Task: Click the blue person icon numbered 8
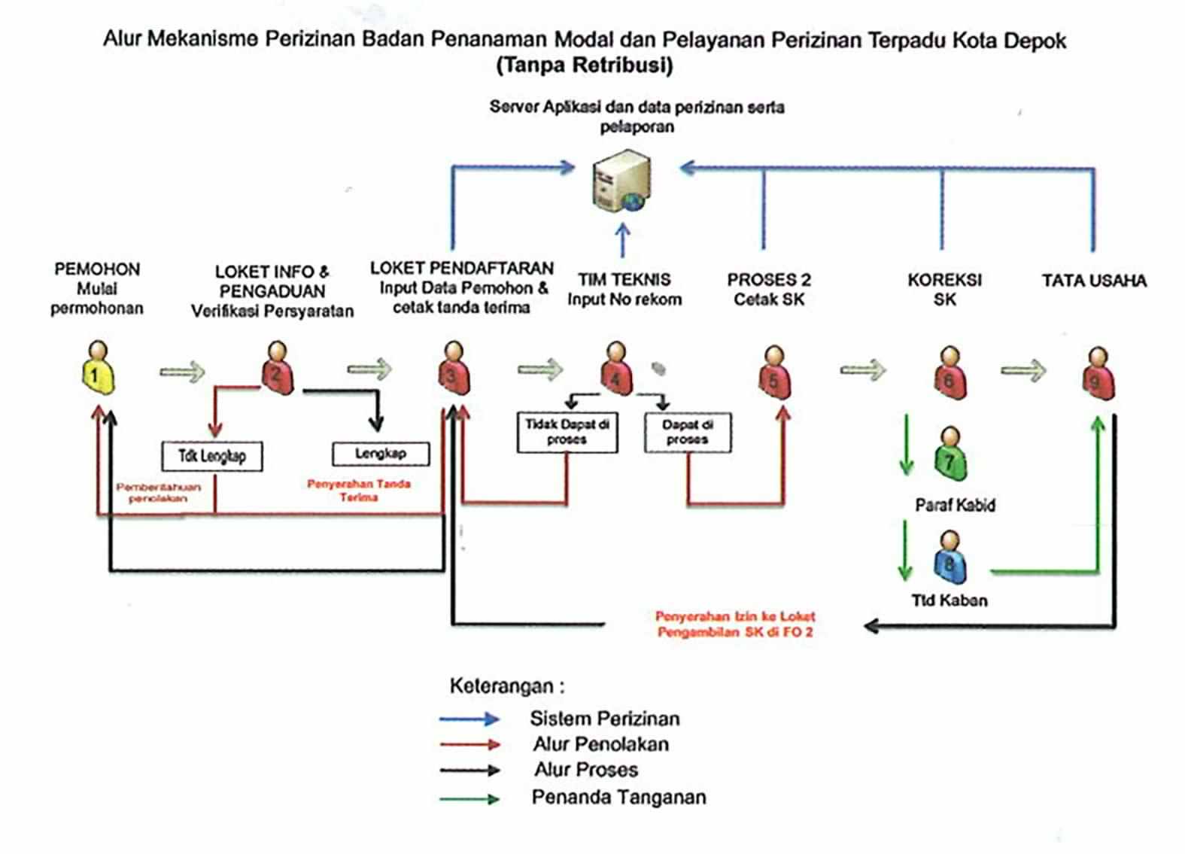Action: [950, 558]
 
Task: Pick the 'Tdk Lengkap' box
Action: [212, 456]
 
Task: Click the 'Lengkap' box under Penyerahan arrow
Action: [381, 454]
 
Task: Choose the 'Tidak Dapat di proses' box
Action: [567, 432]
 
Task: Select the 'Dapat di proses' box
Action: [687, 432]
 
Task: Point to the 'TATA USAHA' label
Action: [1094, 281]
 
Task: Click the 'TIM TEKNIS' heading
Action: [624, 280]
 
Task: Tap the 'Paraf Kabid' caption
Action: [955, 505]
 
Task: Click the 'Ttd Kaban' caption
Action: [950, 600]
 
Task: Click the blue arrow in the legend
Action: [469, 719]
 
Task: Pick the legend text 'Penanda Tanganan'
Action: [618, 797]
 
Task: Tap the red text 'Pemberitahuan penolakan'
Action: [158, 493]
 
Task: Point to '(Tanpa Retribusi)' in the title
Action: [584, 65]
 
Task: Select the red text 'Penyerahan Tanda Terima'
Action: [359, 490]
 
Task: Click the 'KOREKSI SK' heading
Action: [944, 290]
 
